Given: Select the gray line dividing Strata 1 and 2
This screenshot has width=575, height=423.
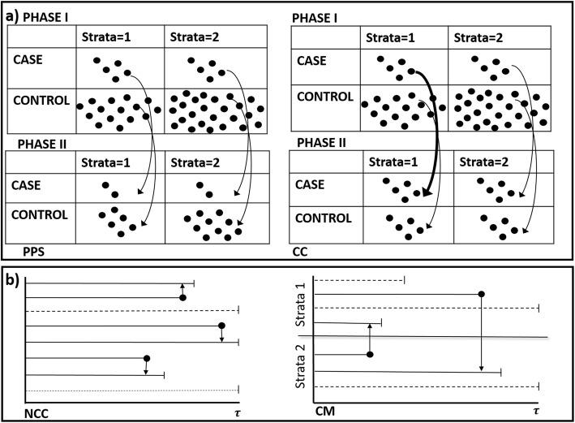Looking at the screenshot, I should pos(422,337).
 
